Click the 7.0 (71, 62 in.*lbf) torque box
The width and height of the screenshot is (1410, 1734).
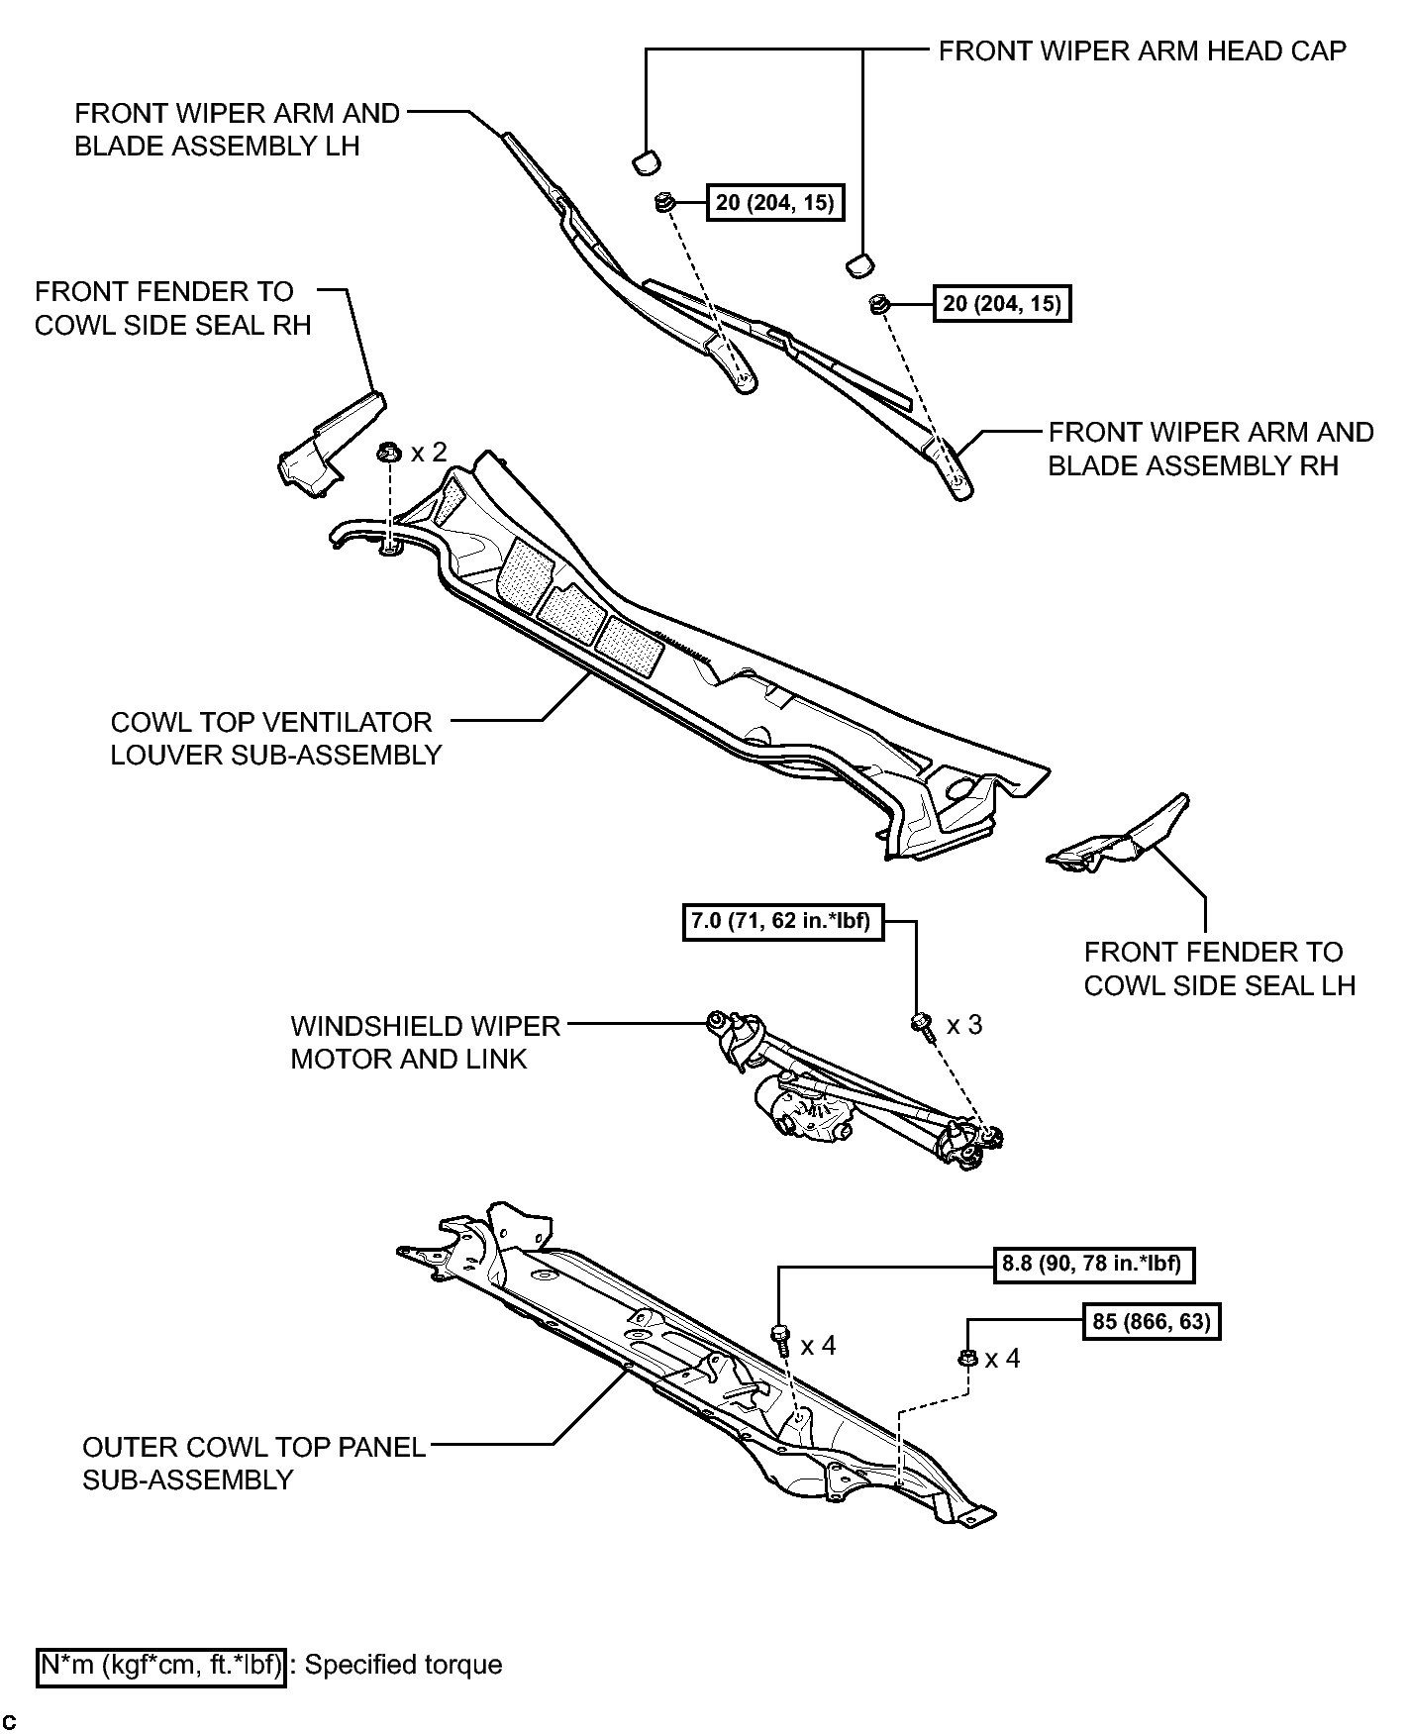[x=782, y=922]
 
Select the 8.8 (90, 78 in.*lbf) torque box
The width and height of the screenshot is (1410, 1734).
[x=1091, y=1264]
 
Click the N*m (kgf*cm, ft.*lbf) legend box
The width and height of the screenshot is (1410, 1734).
[x=161, y=1665]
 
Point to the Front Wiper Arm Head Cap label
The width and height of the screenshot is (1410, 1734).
[x=1142, y=51]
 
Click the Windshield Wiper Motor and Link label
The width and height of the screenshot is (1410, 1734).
[x=425, y=1042]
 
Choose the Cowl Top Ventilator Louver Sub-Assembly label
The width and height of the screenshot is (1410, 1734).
[x=275, y=738]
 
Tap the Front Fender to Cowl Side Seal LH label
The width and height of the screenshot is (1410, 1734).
[x=1219, y=969]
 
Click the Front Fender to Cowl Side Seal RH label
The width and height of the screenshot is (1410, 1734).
[x=172, y=308]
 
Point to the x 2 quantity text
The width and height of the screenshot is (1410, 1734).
[x=429, y=453]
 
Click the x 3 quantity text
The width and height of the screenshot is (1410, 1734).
[x=963, y=1024]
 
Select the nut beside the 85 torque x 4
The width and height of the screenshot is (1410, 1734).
[x=969, y=1359]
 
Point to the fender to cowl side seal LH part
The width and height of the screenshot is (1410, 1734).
[x=1124, y=837]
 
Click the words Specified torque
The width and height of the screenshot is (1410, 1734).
[x=403, y=1665]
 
